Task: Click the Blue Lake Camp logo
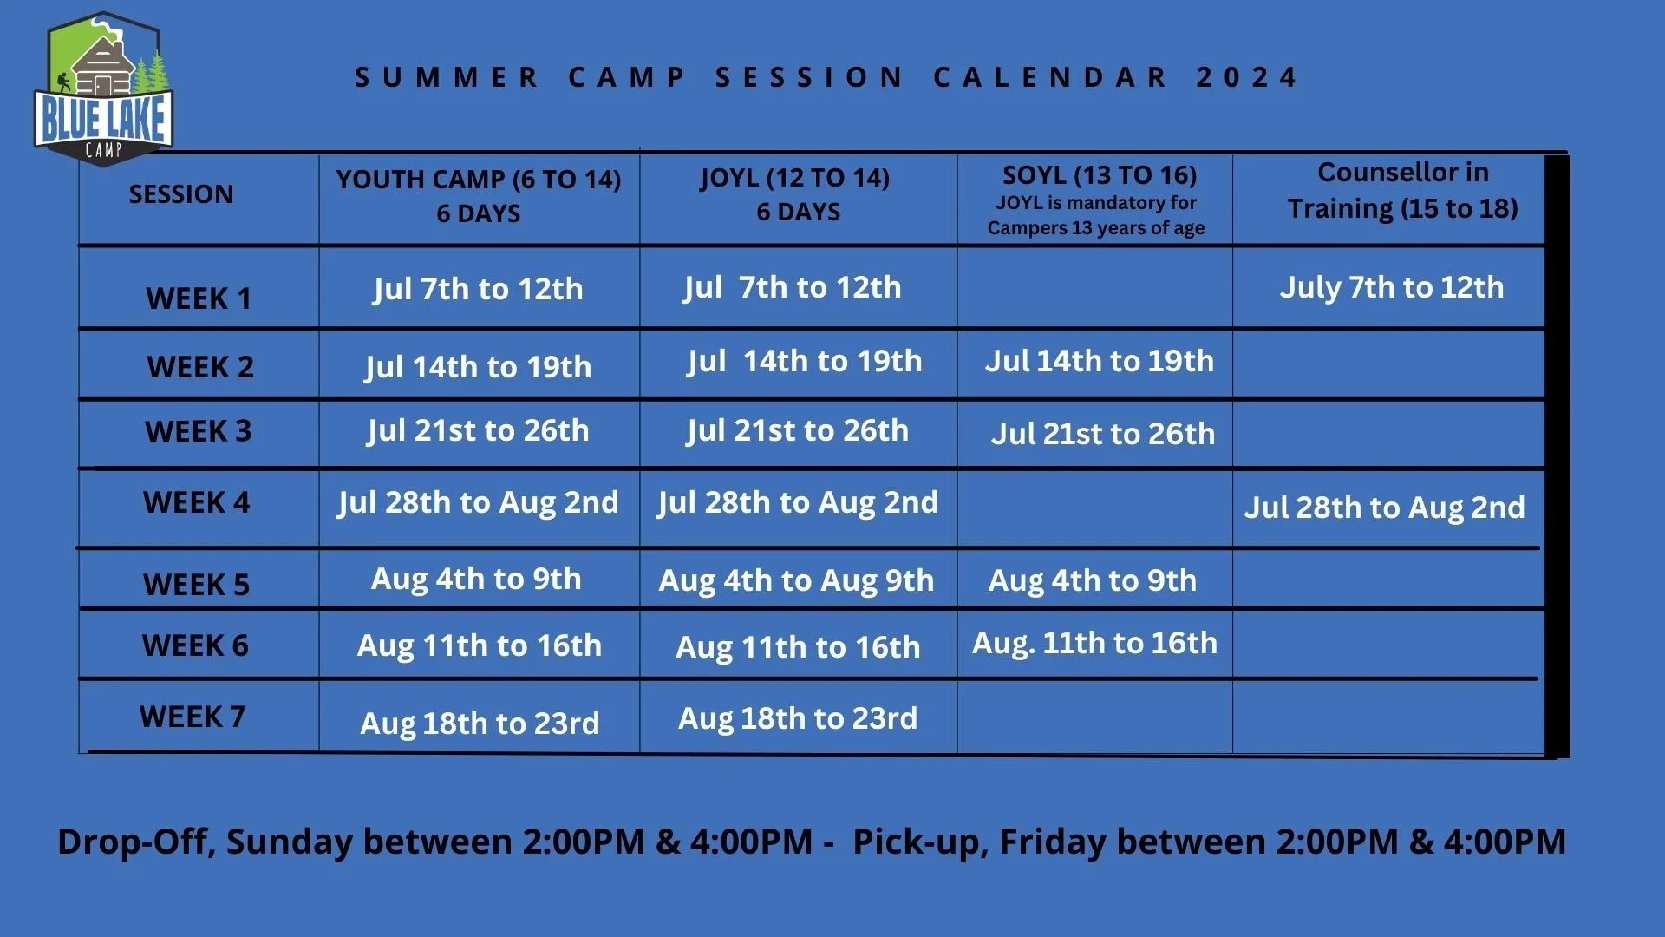click(103, 89)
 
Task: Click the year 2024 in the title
click(1246, 77)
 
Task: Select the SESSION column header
click(181, 194)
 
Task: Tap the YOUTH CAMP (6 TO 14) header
click(479, 180)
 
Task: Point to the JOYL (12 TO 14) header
click(795, 178)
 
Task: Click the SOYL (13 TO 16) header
click(1099, 175)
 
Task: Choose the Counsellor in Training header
click(1402, 190)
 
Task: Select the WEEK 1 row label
click(199, 298)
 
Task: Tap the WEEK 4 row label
click(196, 502)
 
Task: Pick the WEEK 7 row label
click(193, 717)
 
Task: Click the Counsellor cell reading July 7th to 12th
click(1391, 287)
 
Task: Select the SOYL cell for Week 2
click(1099, 361)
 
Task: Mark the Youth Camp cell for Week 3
click(478, 430)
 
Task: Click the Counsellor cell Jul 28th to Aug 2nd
click(1384, 508)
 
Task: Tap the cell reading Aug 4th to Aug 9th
click(796, 580)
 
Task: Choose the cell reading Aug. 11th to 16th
click(1094, 643)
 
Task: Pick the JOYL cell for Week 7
click(797, 718)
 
